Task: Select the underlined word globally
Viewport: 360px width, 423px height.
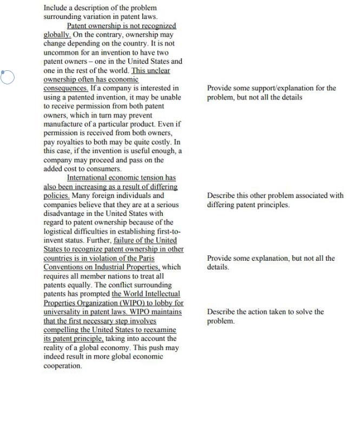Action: tap(56, 35)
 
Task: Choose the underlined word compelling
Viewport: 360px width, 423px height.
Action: tap(63, 330)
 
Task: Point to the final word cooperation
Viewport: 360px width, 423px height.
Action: tap(62, 366)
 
